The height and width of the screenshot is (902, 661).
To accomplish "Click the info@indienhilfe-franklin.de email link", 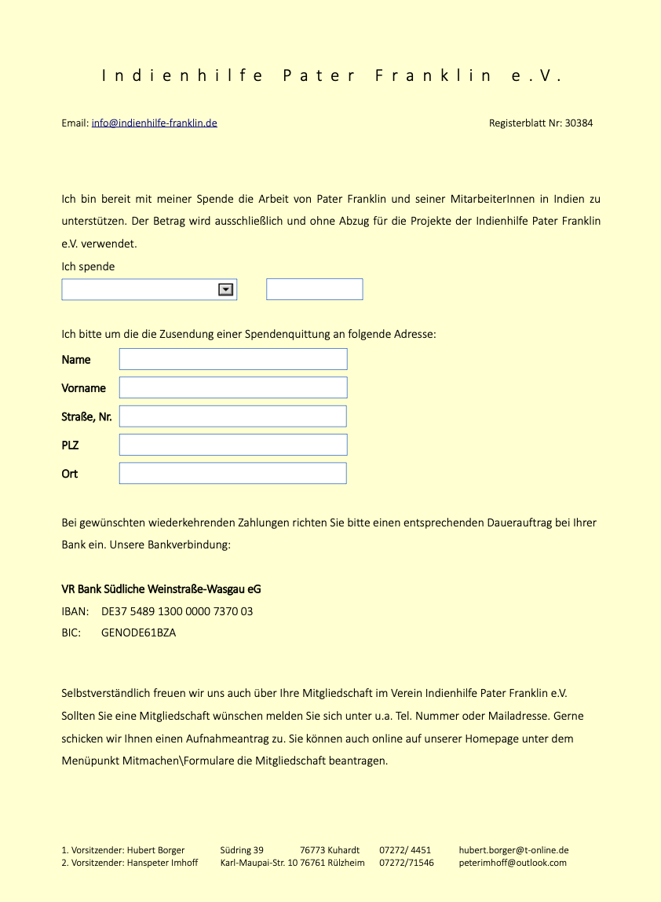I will click(154, 123).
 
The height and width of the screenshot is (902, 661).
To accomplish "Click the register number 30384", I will click(579, 123).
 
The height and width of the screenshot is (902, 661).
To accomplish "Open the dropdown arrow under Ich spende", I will click(226, 290).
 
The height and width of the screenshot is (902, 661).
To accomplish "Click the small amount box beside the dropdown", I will click(314, 289).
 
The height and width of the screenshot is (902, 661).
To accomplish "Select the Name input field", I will click(233, 359).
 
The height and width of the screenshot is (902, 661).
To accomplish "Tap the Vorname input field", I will click(233, 387).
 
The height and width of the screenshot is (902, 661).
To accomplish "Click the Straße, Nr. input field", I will click(233, 416).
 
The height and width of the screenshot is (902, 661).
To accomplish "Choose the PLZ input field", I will click(233, 445).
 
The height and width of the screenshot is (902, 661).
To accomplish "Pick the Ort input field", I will click(233, 473).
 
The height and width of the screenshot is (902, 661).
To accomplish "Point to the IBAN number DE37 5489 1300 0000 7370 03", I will click(177, 611).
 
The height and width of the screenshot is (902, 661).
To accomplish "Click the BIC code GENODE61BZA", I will click(139, 632).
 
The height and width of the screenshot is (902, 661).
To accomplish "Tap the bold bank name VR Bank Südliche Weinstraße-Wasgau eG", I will click(162, 589).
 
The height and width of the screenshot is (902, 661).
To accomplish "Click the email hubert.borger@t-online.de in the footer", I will click(513, 850).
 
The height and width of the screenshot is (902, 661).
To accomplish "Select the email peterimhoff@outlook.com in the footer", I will click(513, 863).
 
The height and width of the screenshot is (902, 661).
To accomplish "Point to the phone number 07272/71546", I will click(407, 863).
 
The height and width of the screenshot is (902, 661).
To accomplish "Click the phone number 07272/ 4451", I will click(405, 850).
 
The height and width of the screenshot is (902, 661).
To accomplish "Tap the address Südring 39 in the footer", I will click(242, 850).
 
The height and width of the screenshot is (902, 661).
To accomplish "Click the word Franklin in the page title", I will click(433, 76).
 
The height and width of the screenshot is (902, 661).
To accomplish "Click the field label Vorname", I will click(83, 388).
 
